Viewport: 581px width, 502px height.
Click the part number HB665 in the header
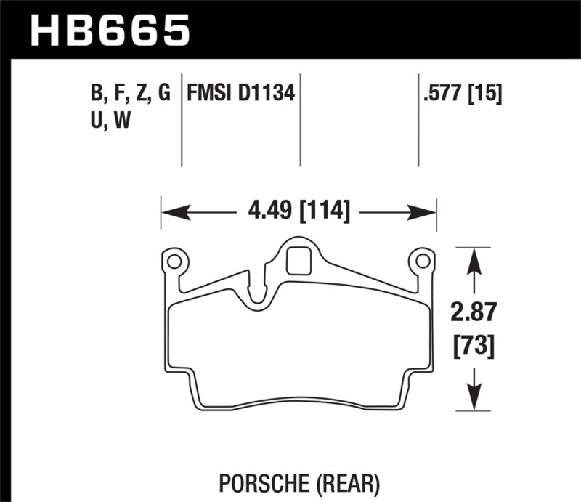point(109,30)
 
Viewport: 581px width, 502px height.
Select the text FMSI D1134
point(241,94)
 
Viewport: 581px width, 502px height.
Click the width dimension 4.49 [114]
point(298,212)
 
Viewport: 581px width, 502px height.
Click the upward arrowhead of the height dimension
point(474,256)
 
